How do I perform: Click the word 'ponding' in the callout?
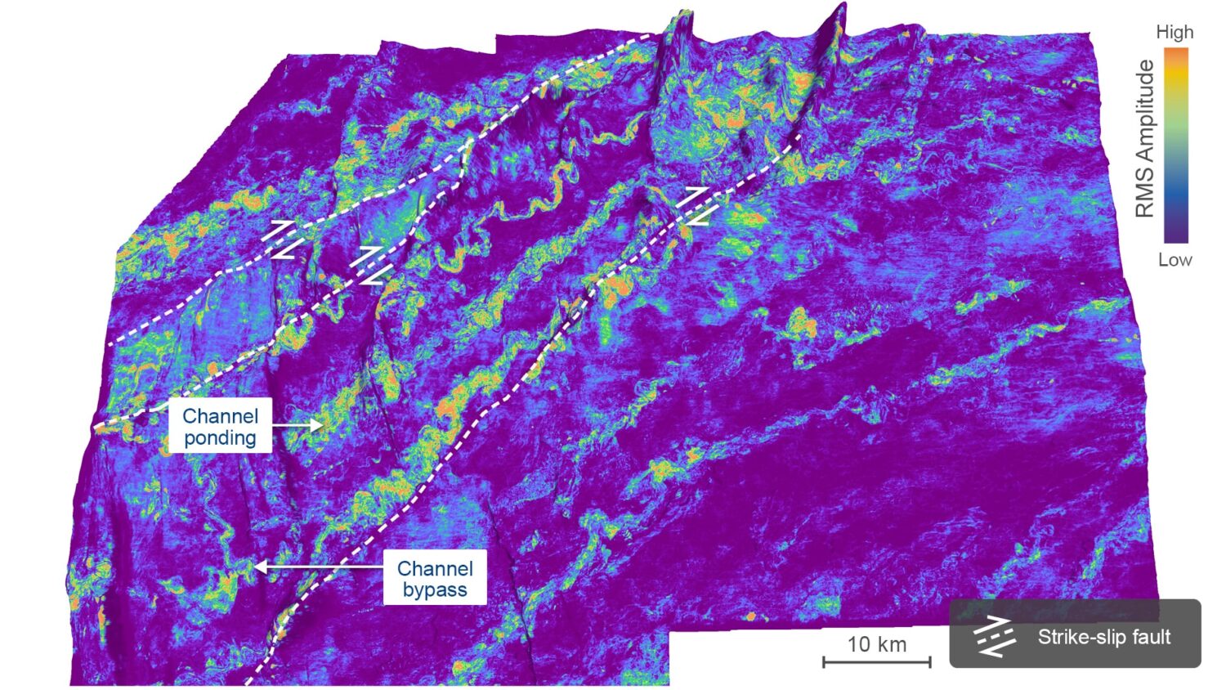220,438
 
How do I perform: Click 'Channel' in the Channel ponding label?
220,416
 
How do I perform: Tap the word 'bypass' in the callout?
435,590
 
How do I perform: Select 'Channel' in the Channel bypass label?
435,568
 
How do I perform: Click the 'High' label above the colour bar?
1175,33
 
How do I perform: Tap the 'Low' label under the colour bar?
1175,260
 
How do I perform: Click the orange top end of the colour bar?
1176,54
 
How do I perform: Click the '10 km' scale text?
876,644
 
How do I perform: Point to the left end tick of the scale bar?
824,661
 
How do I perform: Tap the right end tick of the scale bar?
930,661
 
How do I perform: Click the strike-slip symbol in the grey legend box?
996,637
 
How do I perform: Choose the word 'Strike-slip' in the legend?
1076,637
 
